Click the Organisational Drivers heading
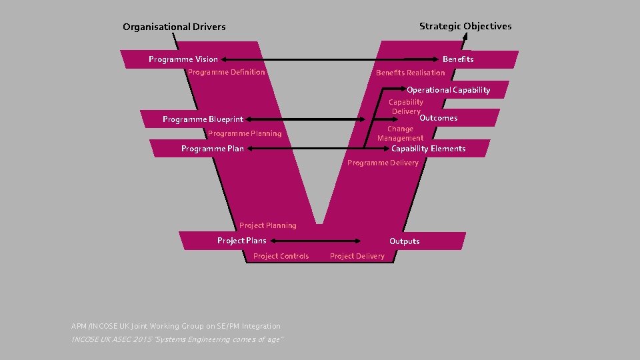coord(174,27)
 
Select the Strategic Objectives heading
coord(465,27)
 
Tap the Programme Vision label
coord(183,59)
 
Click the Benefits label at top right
coord(458,59)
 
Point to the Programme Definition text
coord(227,72)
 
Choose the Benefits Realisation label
coord(410,73)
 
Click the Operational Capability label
coord(448,90)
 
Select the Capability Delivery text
coord(406,107)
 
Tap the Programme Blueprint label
coord(203,120)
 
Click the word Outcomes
coord(438,118)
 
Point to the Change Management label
coord(400,133)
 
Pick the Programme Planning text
coord(245,134)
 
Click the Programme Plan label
coord(213,149)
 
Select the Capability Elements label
coord(428,149)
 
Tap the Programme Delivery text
coord(383,163)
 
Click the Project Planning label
coord(268,226)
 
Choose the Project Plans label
coord(241,241)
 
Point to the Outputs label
coord(404,241)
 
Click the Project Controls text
coord(281,257)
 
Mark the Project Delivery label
coord(357,257)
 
